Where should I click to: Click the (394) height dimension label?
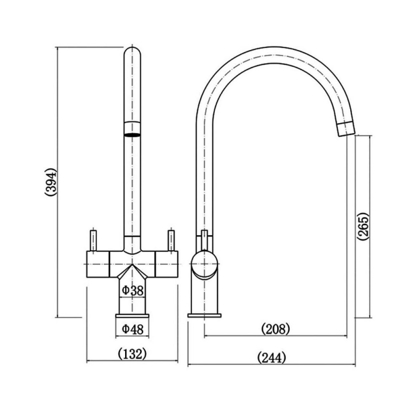pos(51,182)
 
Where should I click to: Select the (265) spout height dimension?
pos(363,226)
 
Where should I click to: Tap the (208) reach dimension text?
pos(275,329)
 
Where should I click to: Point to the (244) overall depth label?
pos(272,358)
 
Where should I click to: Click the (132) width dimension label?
pos(132,354)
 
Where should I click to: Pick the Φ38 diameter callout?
pos(133,290)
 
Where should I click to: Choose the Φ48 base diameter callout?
pos(133,329)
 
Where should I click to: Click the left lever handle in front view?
pos(93,240)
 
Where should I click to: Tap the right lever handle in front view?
pos(171,240)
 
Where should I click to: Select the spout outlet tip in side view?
pos(346,129)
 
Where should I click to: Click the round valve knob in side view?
pos(204,264)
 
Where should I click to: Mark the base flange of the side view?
pos(204,316)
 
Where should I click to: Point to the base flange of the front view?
pos(132,316)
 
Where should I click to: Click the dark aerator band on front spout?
pos(132,135)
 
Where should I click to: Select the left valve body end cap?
pos(98,264)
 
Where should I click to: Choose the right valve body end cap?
pos(166,264)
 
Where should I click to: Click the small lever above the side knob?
pos(204,240)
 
